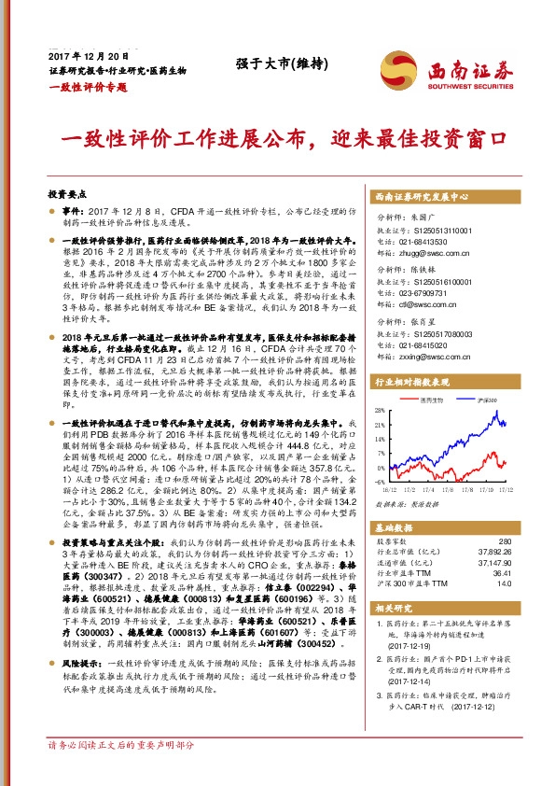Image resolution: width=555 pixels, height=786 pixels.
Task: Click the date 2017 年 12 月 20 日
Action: click(86, 57)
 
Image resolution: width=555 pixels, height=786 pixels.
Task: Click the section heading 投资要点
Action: click(67, 195)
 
